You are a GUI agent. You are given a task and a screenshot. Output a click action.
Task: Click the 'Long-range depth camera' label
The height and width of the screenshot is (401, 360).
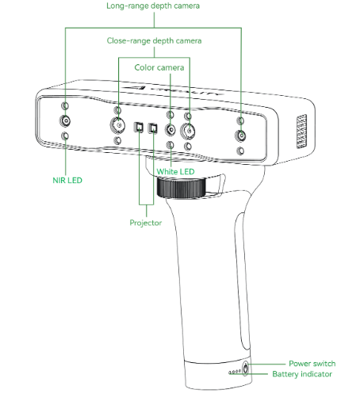(x=153, y=6)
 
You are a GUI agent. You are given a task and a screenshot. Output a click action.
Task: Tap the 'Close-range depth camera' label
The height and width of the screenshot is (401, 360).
(x=154, y=40)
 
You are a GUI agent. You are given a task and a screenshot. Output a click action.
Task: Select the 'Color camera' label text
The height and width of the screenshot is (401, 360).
(x=159, y=67)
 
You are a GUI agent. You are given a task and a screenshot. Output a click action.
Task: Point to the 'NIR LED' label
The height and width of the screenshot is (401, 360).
(x=67, y=180)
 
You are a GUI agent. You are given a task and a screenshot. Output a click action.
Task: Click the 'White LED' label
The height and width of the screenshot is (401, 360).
(x=175, y=171)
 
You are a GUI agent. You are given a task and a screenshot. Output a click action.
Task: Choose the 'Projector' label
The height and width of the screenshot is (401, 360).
(x=146, y=223)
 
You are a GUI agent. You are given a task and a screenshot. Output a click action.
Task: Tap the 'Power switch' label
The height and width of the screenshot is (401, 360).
(x=312, y=364)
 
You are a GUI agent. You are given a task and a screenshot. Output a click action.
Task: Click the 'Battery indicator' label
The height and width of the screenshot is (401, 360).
(x=302, y=374)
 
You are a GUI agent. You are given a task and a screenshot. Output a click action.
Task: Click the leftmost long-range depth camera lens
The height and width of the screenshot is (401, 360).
(x=65, y=121)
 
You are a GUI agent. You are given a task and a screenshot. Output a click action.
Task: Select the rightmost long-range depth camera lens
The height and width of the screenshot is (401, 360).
(x=240, y=136)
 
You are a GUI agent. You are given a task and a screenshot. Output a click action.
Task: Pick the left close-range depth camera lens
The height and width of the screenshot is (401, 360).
(x=117, y=124)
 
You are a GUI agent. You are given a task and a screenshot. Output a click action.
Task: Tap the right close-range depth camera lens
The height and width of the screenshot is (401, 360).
(x=188, y=131)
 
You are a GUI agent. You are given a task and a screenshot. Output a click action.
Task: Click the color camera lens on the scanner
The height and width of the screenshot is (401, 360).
(x=170, y=130)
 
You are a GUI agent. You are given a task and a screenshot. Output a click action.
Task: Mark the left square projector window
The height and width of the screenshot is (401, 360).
(x=139, y=128)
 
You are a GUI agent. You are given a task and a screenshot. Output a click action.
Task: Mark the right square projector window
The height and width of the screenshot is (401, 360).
(x=153, y=128)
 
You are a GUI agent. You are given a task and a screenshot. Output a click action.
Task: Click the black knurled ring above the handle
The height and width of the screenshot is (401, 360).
(x=182, y=188)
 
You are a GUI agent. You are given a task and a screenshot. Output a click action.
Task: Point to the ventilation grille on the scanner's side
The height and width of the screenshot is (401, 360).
(x=301, y=132)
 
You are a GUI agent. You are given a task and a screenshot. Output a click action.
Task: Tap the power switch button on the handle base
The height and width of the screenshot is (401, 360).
(x=246, y=369)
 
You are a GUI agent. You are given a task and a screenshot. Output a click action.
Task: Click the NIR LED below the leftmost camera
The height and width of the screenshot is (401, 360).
(x=65, y=136)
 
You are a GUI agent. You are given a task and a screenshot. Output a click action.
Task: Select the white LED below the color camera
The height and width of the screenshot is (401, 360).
(x=170, y=145)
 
